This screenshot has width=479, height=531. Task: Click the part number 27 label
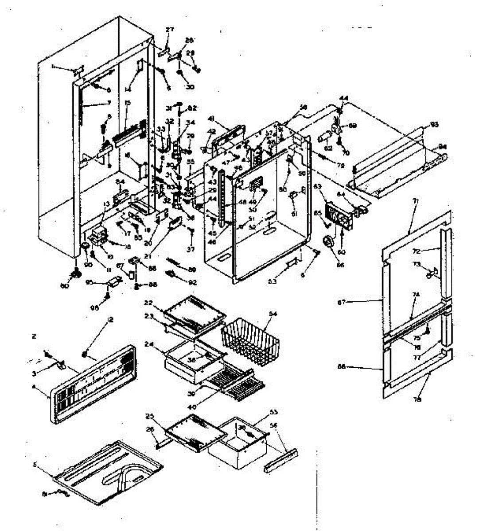[x=170, y=30]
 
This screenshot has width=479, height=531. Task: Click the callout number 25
[x=149, y=416]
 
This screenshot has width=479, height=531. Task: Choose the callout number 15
[x=128, y=104]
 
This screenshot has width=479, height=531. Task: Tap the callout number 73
[x=417, y=264]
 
